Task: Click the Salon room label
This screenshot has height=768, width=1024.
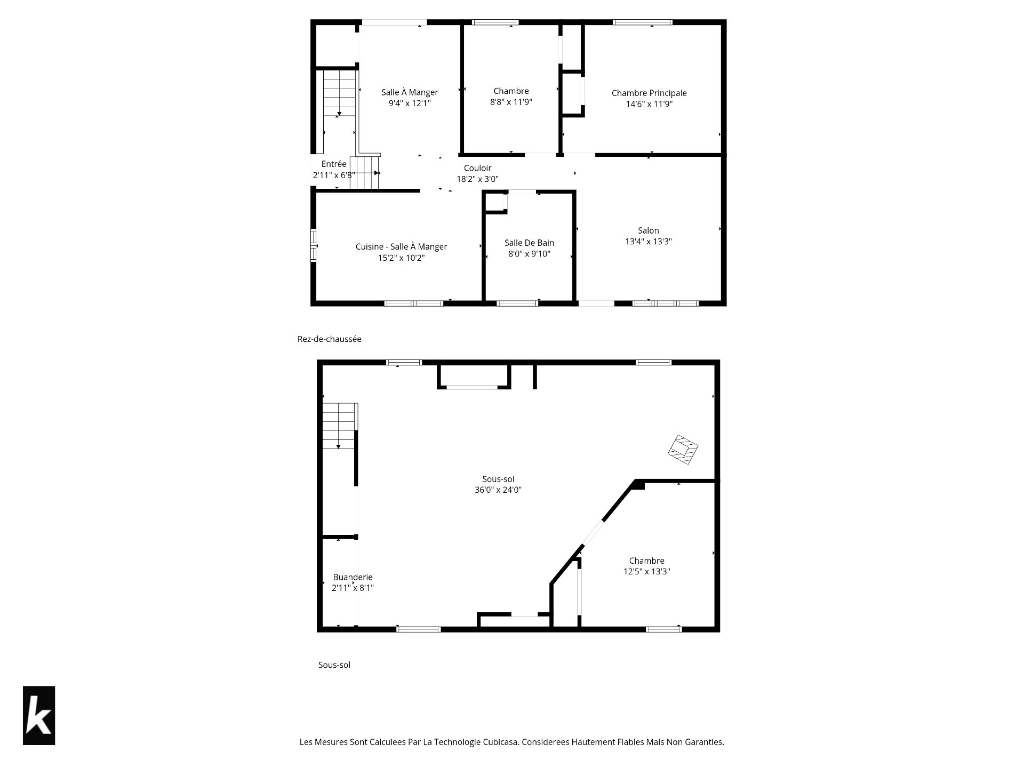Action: tap(649, 230)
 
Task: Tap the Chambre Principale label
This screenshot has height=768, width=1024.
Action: tap(649, 93)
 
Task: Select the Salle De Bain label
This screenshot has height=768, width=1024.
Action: tap(529, 243)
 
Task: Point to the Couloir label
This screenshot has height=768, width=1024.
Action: tap(477, 168)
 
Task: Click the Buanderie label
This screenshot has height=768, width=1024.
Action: tap(353, 577)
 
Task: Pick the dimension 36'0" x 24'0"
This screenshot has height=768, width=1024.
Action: tap(498, 490)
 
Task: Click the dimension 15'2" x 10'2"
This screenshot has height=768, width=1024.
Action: tap(401, 258)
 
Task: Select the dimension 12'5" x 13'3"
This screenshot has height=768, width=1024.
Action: tap(646, 571)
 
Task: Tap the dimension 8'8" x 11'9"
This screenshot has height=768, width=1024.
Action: tap(511, 102)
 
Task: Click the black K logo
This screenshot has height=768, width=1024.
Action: tap(39, 715)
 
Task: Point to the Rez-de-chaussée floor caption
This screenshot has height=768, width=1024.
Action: tap(329, 339)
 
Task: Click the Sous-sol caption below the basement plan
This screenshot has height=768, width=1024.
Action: tap(334, 665)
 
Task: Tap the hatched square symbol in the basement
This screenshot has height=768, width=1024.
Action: tap(683, 450)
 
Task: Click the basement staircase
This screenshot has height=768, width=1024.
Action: tap(339, 426)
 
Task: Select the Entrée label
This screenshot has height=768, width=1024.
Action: tap(334, 164)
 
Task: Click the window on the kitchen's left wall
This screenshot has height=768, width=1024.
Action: tap(314, 245)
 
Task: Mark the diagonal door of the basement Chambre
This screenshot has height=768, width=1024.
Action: tap(593, 533)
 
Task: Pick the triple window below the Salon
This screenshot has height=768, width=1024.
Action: tap(665, 303)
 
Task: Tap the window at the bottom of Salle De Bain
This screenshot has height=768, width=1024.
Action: tap(517, 303)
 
